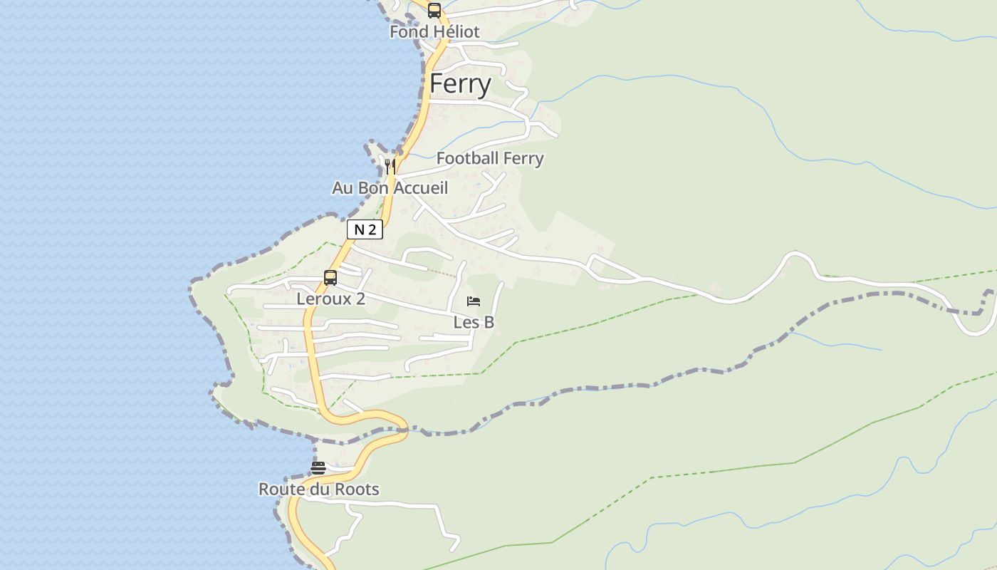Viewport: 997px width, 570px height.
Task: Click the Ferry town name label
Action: point(460,84)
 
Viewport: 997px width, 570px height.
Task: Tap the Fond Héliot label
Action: point(434,32)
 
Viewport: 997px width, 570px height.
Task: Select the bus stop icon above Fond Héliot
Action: point(434,11)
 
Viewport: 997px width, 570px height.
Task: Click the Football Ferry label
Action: point(490,158)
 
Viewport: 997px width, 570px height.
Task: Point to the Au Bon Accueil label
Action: point(390,188)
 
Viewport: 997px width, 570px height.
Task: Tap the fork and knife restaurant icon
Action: point(390,166)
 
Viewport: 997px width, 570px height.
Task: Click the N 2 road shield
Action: point(365,229)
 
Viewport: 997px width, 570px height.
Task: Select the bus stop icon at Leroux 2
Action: point(330,278)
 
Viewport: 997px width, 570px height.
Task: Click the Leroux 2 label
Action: point(330,299)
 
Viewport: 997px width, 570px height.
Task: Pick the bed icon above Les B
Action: point(474,301)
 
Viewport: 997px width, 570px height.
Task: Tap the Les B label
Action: point(474,322)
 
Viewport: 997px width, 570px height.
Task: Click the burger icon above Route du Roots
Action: point(318,468)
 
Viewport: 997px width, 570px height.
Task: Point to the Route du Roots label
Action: point(318,489)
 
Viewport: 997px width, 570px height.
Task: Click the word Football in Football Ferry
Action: point(466,158)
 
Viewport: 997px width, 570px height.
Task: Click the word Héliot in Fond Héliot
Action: point(456,32)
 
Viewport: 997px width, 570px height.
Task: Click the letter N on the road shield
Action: point(359,229)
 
